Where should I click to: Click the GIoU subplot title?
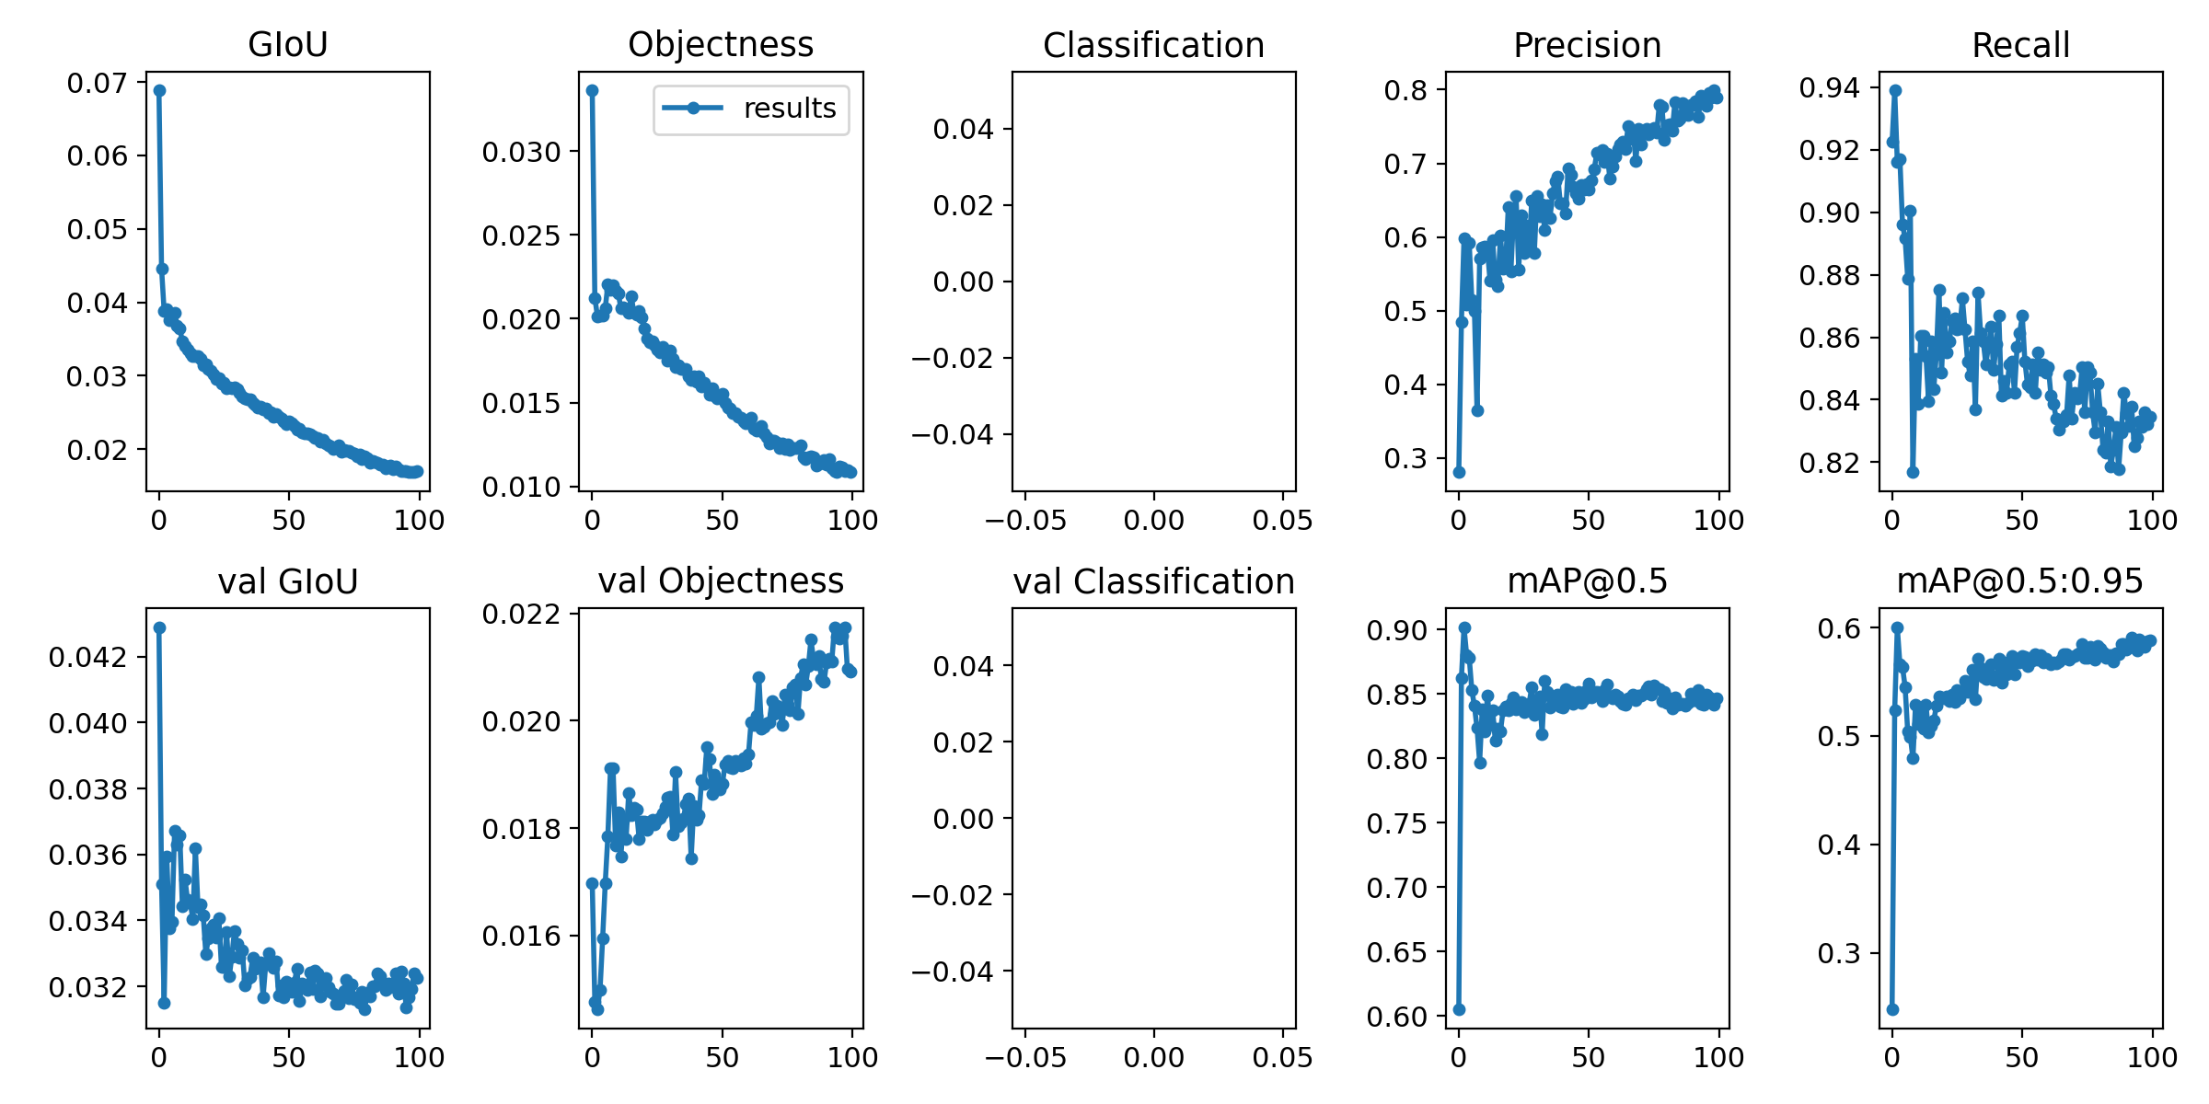[x=288, y=44]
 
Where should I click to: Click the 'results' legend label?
[x=790, y=109]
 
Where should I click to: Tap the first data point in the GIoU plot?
[x=159, y=90]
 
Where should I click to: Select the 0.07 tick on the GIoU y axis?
[x=97, y=84]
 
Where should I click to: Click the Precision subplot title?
[x=1587, y=45]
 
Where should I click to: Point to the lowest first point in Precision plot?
[x=1459, y=472]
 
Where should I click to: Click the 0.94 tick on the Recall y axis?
[x=1829, y=88]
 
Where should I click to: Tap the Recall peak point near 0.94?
[x=1895, y=90]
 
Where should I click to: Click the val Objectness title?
[x=721, y=581]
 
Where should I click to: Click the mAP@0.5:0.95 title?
[x=2020, y=581]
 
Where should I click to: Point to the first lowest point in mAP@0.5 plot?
[x=1459, y=1009]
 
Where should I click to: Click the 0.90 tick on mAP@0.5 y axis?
[x=1396, y=631]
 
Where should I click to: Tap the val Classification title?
[x=1153, y=581]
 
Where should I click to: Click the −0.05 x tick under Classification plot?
[x=1024, y=521]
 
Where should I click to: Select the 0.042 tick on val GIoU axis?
[x=87, y=658]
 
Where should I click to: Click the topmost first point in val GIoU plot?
[x=159, y=627]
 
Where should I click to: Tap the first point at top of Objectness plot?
[x=592, y=90]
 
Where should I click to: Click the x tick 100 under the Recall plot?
[x=2152, y=521]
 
